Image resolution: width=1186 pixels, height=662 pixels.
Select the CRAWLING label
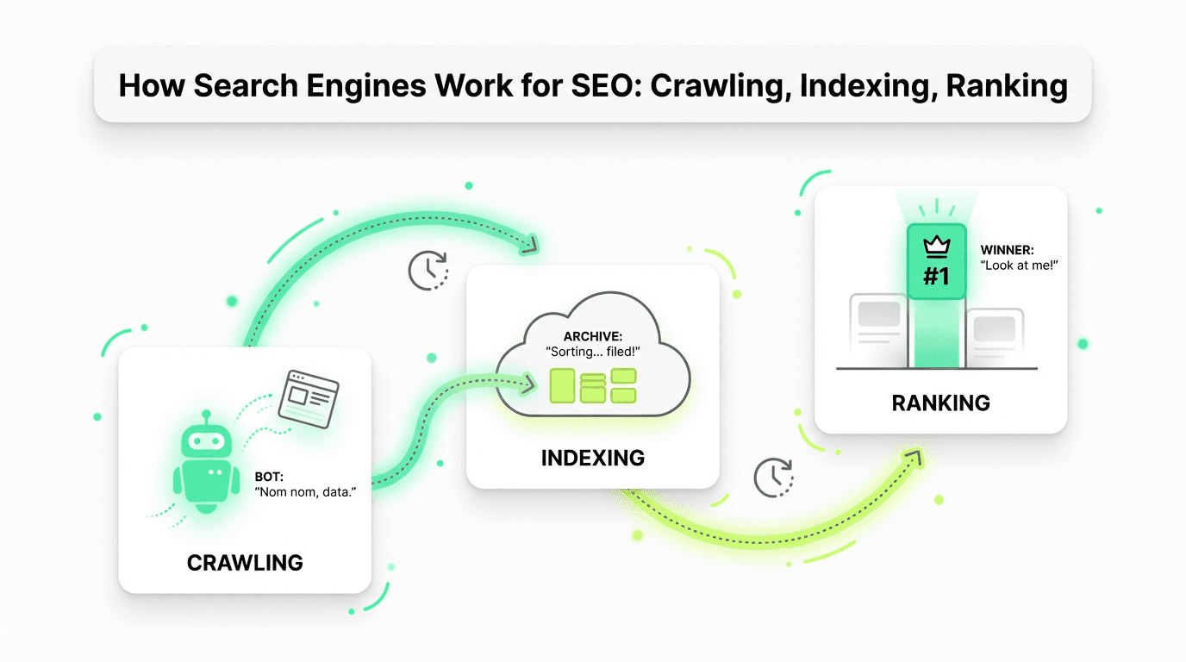245,564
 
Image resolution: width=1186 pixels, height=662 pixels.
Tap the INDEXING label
592,458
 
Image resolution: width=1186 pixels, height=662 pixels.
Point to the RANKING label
940,403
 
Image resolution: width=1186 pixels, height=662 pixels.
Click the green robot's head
205,440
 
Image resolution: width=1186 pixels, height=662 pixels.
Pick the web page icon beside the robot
308,397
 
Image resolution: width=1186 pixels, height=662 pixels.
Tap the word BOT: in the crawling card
269,476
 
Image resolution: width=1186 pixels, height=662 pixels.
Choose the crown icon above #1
935,247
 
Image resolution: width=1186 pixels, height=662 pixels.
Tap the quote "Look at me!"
1020,266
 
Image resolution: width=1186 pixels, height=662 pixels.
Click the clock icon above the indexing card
428,271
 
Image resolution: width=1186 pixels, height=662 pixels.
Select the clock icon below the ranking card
773,478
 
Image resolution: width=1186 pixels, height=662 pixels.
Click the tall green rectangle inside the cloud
562,385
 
